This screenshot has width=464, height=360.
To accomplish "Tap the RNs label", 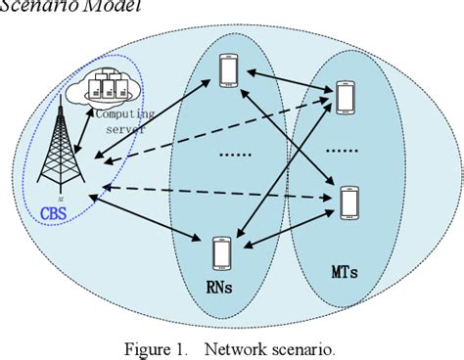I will (223, 286).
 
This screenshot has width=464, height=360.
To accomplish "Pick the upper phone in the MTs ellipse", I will (346, 96).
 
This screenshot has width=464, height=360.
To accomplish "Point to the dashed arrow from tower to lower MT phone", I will (215, 194).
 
